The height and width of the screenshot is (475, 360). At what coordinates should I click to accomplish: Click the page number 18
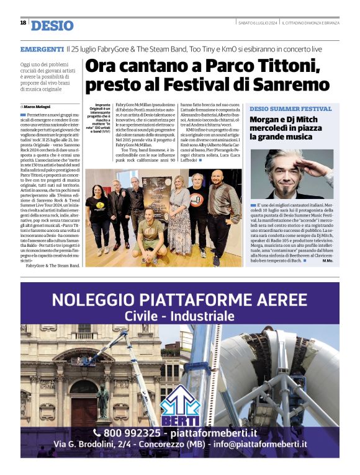pyautogui.click(x=23, y=23)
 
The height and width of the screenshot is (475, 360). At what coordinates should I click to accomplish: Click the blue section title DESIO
pyautogui.click(x=52, y=26)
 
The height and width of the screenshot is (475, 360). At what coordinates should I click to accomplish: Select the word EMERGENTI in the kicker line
pyautogui.click(x=42, y=49)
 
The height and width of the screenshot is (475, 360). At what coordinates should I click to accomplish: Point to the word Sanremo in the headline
pyautogui.click(x=290, y=84)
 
